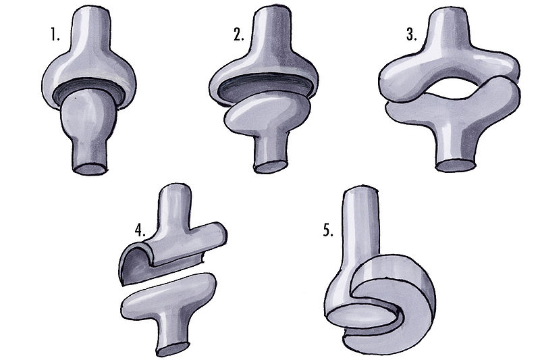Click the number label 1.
coord(55,35)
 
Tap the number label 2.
coord(239,35)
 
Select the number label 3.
coord(411,35)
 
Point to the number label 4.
coord(140,230)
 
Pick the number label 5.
coord(328,230)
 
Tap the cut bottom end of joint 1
coord(90,169)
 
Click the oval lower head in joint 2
coord(266,111)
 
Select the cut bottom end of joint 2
coord(271,167)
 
